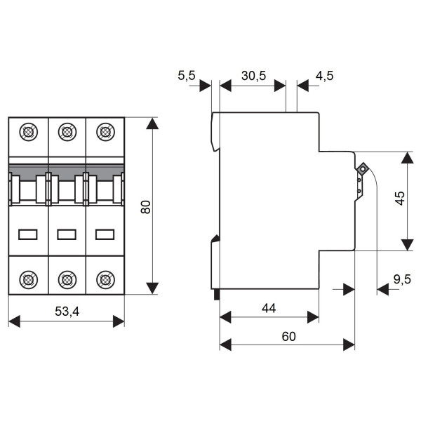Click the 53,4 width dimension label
point(66,309)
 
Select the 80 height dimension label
point(145,207)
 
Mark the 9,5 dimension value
point(402,279)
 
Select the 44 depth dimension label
point(269,307)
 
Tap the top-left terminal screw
point(28,131)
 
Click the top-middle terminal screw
point(67,131)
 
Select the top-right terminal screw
point(105,131)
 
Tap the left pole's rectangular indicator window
point(28,234)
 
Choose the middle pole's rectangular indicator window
point(67,234)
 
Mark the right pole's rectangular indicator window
point(105,234)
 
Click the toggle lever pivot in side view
point(363,169)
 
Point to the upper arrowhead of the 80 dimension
point(152,123)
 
